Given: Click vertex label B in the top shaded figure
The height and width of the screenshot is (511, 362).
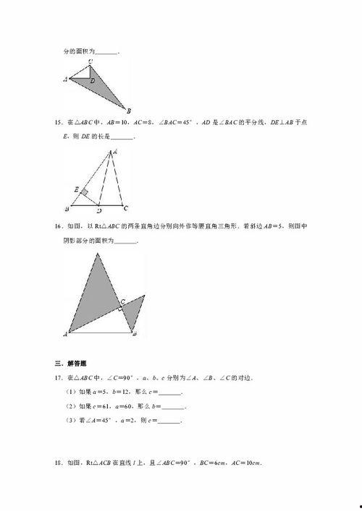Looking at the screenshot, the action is coord(129,111).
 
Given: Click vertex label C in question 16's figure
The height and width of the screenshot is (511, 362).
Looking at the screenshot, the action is coord(122,300).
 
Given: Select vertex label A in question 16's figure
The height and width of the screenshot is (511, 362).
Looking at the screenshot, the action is coord(66,335).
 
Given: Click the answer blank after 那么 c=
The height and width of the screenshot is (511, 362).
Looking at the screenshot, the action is coord(169,392).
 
